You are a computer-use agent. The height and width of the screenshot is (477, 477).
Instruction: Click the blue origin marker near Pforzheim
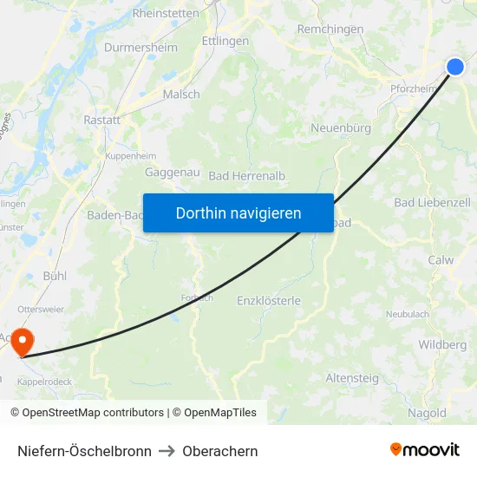point(455,67)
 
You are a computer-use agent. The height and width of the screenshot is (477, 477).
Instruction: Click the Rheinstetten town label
point(165,13)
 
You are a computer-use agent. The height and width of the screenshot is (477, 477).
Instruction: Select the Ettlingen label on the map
point(225,41)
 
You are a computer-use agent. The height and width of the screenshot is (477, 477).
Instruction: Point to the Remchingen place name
point(330,29)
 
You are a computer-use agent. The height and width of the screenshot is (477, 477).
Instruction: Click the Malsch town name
point(181,95)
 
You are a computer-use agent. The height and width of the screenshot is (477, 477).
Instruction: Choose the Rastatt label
point(101,121)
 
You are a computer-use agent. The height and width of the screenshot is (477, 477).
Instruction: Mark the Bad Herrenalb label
point(247,175)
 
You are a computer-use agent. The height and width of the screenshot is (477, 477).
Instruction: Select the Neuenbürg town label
point(341,127)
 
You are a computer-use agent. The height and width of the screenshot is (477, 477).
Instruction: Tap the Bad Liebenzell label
point(432,202)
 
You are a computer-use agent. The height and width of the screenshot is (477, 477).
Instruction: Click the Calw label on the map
point(441,260)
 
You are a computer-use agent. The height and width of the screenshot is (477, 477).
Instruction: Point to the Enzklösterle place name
point(269,301)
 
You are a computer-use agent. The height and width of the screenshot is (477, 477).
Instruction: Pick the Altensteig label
point(352,378)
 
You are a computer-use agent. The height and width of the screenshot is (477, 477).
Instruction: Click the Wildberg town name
point(442,344)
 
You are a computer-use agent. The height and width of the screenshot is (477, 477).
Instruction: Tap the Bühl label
point(55,275)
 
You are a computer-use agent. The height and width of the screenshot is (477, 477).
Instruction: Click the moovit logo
point(425,450)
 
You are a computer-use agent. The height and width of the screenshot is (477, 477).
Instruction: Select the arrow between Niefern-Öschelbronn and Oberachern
point(167,451)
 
